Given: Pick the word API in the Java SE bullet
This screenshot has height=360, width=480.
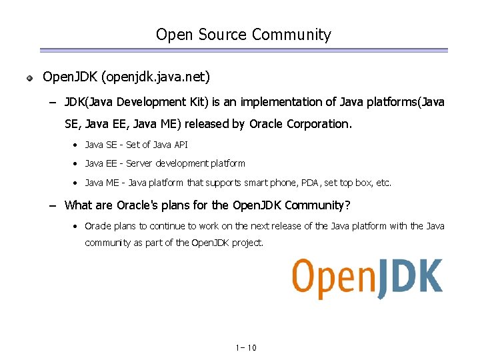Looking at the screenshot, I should pos(181,145).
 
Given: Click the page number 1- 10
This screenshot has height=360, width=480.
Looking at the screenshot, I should pos(246,348).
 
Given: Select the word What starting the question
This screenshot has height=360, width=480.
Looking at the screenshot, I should pos(78,205).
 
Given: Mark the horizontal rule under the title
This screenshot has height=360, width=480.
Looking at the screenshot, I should pos(243,50).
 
